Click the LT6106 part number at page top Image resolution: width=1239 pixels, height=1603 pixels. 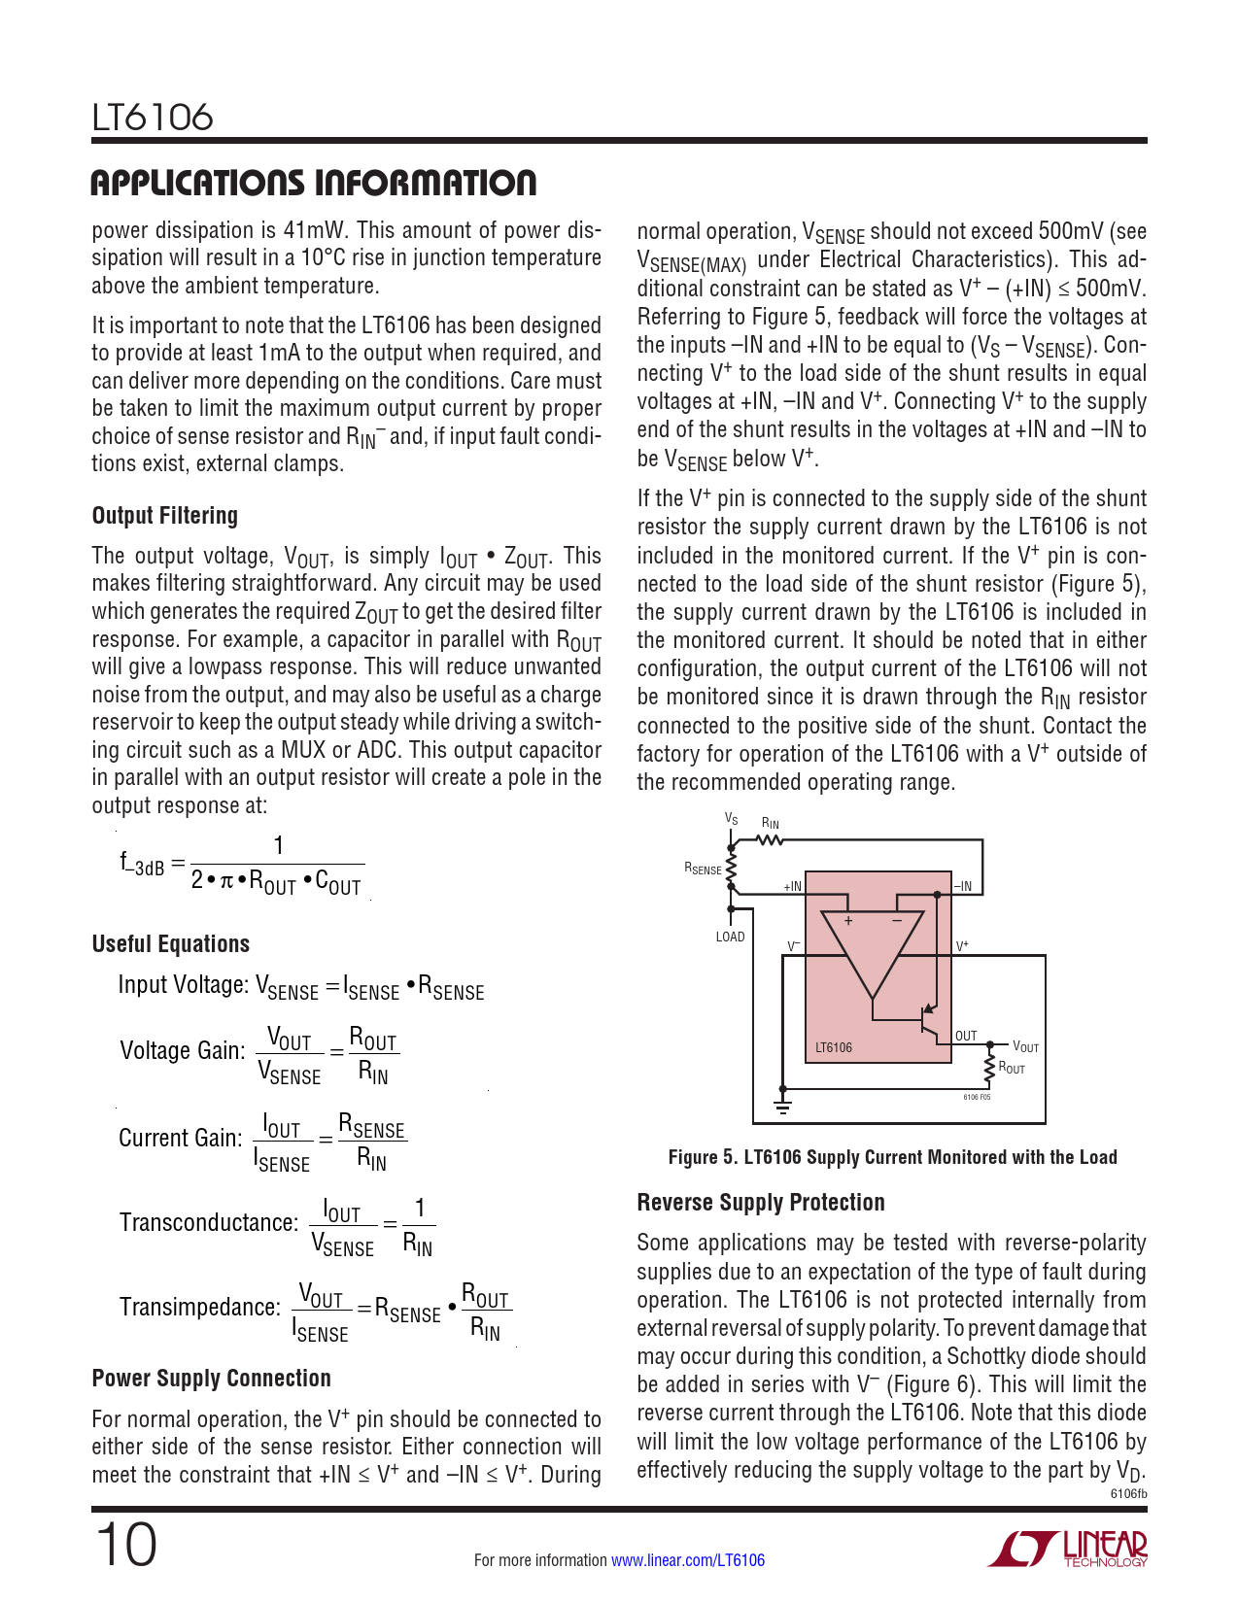click(152, 118)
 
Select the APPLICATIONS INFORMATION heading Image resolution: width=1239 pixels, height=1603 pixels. click(313, 183)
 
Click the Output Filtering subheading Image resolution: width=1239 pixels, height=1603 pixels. click(164, 516)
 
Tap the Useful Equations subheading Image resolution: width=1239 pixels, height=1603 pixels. click(170, 944)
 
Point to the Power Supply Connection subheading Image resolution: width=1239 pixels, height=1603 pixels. click(211, 1379)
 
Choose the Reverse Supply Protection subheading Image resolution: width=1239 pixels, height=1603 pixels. click(760, 1203)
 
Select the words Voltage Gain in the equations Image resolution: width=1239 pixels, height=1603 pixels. click(182, 1050)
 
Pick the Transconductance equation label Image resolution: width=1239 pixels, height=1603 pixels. click(208, 1222)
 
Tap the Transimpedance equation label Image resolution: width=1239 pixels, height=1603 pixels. click(199, 1308)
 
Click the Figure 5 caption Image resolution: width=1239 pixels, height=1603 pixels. click(892, 1157)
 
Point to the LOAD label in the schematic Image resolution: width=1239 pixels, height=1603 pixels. click(730, 938)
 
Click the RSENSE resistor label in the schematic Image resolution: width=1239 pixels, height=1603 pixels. click(703, 869)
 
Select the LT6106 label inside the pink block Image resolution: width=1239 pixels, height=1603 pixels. click(834, 1047)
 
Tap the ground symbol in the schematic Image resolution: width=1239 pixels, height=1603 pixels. click(782, 1106)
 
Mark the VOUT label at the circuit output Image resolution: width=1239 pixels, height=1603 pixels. click(1025, 1046)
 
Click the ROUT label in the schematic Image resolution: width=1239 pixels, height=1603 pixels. click(1012, 1069)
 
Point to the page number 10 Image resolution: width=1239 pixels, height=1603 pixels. click(125, 1547)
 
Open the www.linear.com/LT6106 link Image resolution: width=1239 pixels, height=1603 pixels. click(687, 1560)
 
